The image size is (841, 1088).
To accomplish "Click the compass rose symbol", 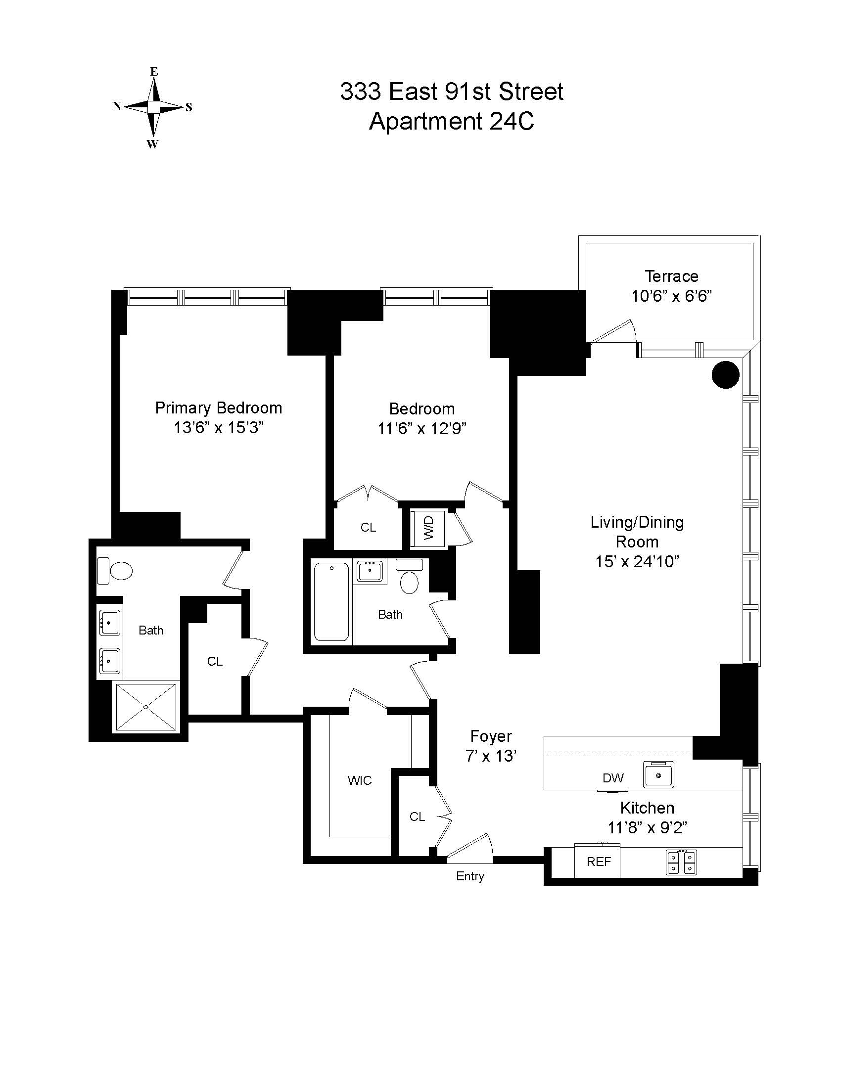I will (153, 107).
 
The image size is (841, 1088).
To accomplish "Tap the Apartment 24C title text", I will (451, 121).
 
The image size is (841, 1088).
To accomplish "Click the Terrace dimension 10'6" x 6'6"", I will (671, 296).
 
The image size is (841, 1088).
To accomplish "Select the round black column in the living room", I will (725, 375).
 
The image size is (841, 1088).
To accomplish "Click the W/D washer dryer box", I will (428, 528).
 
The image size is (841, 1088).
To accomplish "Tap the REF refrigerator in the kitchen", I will (598, 862).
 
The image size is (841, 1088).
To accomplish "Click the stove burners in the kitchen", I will (681, 863).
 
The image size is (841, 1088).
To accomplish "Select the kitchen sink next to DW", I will (658, 775).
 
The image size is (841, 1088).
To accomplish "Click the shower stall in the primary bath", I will (146, 707).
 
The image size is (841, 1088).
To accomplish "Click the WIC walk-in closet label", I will (359, 780).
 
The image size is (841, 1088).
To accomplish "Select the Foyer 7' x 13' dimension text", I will (491, 756).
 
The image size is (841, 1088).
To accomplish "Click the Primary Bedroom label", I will (218, 408).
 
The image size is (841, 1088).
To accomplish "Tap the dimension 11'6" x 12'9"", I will (421, 428).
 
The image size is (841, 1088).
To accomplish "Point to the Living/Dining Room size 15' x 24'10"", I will (637, 562).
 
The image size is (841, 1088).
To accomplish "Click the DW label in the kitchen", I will (613, 778).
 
